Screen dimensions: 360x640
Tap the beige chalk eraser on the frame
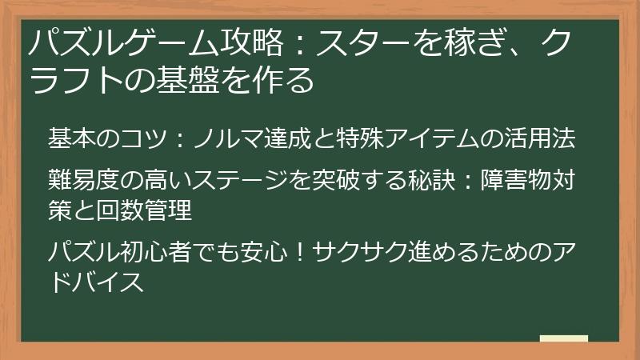click(x=564, y=338)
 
